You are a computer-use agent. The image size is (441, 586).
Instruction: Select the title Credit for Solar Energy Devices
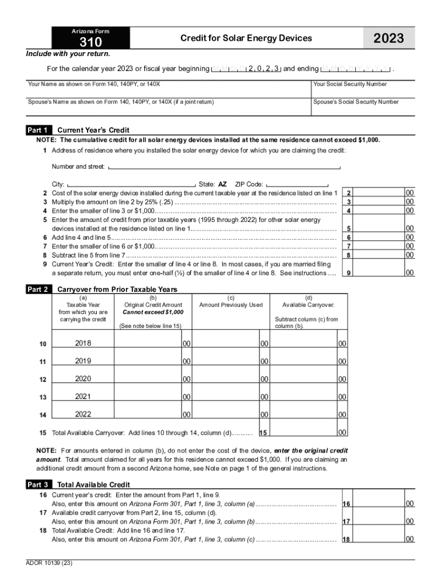tap(246, 38)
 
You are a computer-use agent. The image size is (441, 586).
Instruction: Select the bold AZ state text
tap(223, 184)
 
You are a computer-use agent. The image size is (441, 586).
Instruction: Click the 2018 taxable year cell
tap(83, 343)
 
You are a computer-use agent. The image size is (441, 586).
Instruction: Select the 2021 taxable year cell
tap(83, 397)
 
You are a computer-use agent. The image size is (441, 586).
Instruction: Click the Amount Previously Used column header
tap(231, 305)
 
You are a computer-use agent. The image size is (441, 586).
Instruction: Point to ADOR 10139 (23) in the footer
tap(49, 563)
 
